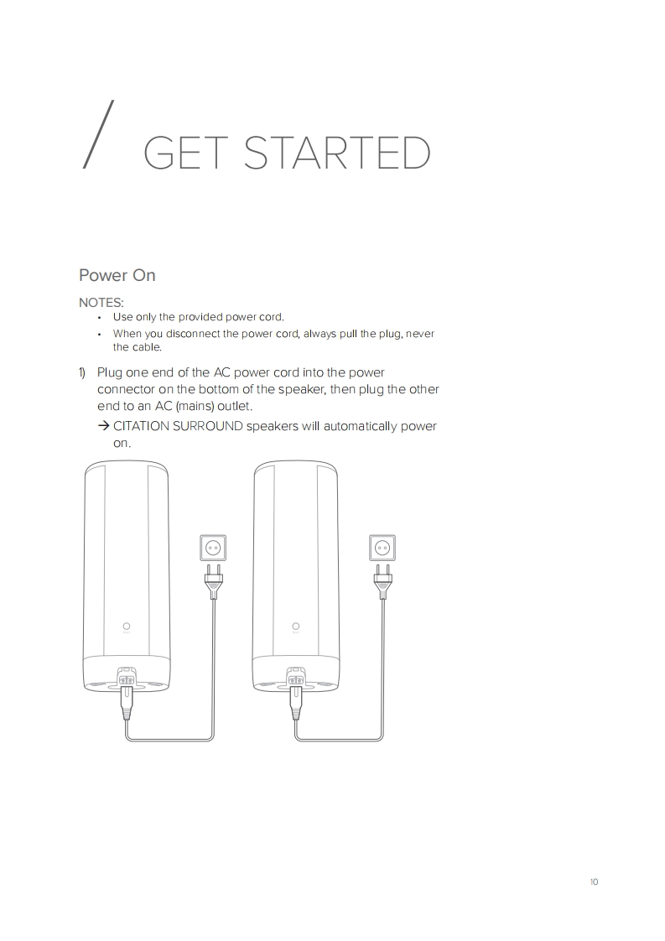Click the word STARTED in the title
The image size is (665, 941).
pyautogui.click(x=337, y=153)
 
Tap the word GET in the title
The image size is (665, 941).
pyautogui.click(x=185, y=153)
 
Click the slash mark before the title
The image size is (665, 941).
pyautogui.click(x=97, y=134)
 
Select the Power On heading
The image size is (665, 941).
pyautogui.click(x=117, y=275)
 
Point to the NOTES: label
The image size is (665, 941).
pyautogui.click(x=101, y=303)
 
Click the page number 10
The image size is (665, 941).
pyautogui.click(x=595, y=881)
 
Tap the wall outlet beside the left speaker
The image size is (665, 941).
pyautogui.click(x=213, y=548)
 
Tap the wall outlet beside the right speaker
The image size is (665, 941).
pyautogui.click(x=382, y=548)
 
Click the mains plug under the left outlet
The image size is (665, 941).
pyautogui.click(x=214, y=581)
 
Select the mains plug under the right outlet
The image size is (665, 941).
pyautogui.click(x=383, y=581)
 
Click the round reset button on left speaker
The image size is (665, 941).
pyautogui.click(x=127, y=626)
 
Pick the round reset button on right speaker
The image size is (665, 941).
pyautogui.click(x=296, y=626)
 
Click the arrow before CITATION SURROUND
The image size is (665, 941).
pyautogui.click(x=103, y=426)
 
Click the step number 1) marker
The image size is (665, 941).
pyautogui.click(x=82, y=372)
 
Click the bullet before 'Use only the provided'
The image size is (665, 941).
pyautogui.click(x=100, y=318)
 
